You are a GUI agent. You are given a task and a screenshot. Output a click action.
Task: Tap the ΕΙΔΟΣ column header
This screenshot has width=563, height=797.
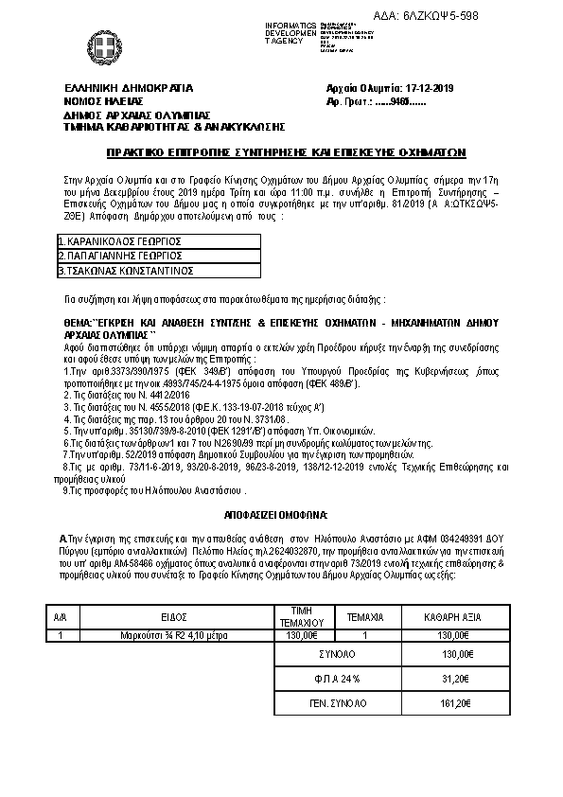coord(172,615)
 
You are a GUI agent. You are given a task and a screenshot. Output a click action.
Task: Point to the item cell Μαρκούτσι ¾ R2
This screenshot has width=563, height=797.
coord(172,636)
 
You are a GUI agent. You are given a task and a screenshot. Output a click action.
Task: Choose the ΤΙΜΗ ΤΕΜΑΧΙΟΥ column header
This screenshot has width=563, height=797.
coord(302,615)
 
